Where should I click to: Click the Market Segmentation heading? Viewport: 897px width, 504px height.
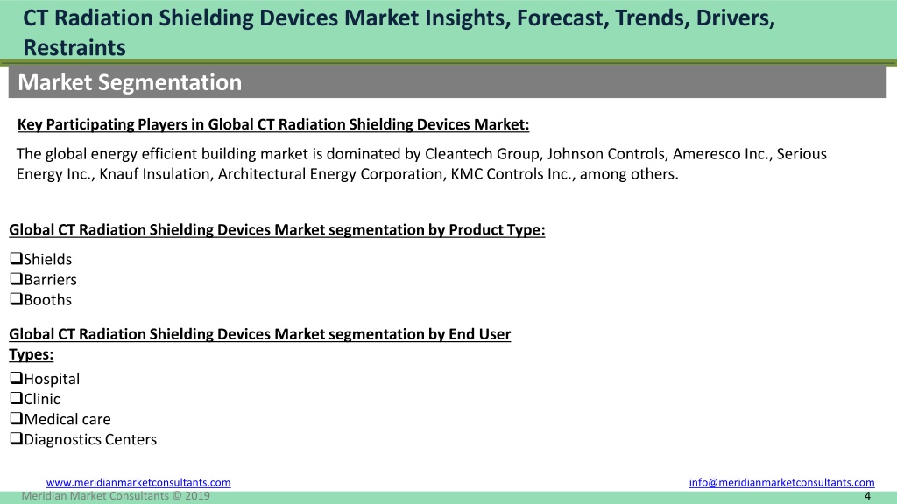tap(130, 82)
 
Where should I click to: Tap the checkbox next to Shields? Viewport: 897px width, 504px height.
tap(16, 258)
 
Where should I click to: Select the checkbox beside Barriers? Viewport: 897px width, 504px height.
tap(16, 279)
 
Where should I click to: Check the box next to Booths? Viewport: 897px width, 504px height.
tap(16, 299)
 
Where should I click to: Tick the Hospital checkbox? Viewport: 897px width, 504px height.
tap(16, 378)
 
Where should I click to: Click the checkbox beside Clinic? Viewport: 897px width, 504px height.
tap(16, 398)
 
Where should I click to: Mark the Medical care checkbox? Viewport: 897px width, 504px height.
tap(16, 418)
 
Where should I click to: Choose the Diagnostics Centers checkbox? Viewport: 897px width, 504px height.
tap(16, 438)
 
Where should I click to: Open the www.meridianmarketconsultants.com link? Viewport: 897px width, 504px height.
tap(138, 482)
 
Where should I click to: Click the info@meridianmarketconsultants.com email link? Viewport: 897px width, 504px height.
tap(781, 482)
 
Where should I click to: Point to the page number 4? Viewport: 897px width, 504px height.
tap(867, 496)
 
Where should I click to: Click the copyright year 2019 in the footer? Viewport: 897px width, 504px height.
tap(197, 496)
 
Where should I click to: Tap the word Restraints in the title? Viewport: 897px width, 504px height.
tap(74, 47)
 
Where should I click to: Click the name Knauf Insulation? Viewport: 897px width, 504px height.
tap(154, 174)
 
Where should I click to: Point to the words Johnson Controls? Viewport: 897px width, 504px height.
tap(606, 154)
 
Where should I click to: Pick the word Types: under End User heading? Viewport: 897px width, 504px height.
tap(32, 354)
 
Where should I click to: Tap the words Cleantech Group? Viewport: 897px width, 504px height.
tap(483, 154)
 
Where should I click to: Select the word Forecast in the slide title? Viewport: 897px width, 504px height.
tap(562, 18)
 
